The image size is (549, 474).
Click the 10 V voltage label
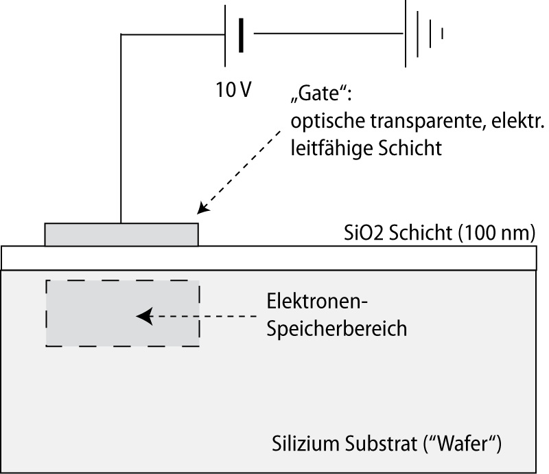point(233,90)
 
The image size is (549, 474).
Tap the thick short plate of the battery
point(241,36)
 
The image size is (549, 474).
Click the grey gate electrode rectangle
point(121,234)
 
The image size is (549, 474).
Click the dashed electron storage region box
point(123,280)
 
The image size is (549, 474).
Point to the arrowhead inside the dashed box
point(144,316)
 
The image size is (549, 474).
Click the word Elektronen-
point(317,301)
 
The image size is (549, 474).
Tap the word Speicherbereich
point(337,329)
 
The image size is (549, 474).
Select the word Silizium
point(306,444)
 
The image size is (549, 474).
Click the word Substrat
point(382,444)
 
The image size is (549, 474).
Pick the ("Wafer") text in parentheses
point(462,444)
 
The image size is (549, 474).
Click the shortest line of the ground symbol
point(442,34)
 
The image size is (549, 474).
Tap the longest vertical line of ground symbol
point(406,34)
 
